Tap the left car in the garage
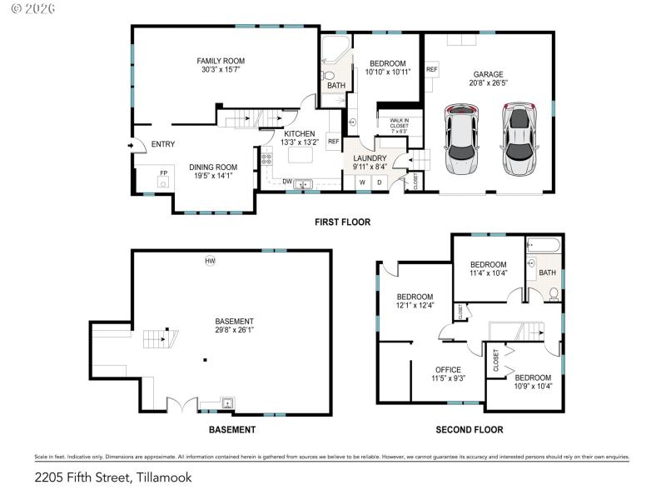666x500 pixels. click(461, 139)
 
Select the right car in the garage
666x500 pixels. click(519, 139)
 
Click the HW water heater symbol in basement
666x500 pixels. click(210, 262)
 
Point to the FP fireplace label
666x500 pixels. click(163, 173)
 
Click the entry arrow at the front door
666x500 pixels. click(130, 145)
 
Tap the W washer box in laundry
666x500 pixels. click(362, 182)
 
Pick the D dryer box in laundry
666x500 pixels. click(380, 182)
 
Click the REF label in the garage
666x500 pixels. click(432, 69)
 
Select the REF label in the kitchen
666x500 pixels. click(333, 142)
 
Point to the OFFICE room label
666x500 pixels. click(448, 369)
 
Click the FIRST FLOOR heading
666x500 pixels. click(342, 222)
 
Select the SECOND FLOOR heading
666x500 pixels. click(470, 430)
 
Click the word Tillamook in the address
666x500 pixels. click(160, 477)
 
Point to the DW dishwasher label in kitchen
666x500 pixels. click(287, 182)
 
